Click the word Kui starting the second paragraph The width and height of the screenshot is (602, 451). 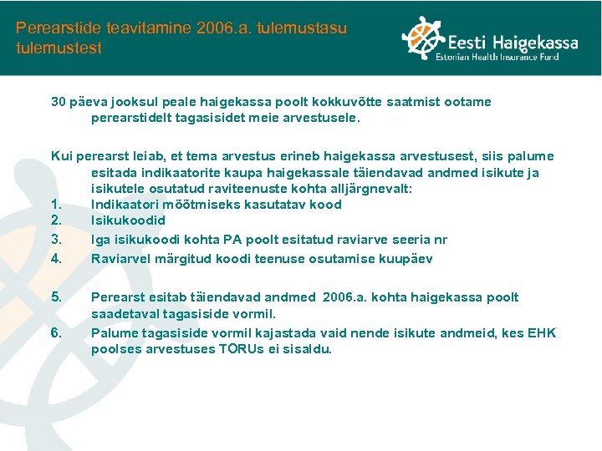pos(61,156)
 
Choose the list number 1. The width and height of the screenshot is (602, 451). pos(56,205)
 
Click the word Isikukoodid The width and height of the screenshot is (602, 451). pos(128,221)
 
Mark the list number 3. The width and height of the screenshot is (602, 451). pos(56,240)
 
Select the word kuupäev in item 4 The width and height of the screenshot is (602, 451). pos(404,259)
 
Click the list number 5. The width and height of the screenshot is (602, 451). pos(56,297)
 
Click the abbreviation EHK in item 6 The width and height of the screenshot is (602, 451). pos(541,334)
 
